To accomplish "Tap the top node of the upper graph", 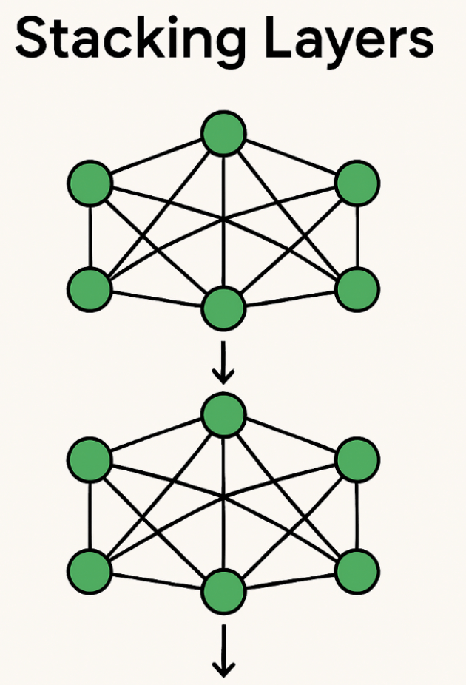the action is coord(223,133).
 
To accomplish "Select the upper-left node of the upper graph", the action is coord(90,183).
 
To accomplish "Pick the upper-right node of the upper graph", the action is coord(357,183).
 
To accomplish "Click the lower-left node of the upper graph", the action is coord(90,290).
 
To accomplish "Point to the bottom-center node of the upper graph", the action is coord(223,308).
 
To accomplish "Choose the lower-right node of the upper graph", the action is coord(357,290).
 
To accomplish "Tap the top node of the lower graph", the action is coord(223,414).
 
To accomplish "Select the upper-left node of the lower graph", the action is coord(90,460).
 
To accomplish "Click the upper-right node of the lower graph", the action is coord(357,460).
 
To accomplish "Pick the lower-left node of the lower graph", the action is coord(90,572).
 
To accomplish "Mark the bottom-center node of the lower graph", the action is coord(223,591).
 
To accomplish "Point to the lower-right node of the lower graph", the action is coord(357,572).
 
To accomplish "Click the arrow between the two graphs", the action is coord(223,362).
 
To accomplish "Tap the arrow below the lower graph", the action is coord(223,650).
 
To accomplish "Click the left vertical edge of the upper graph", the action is coord(90,236).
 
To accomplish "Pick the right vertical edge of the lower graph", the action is coord(357,516).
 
